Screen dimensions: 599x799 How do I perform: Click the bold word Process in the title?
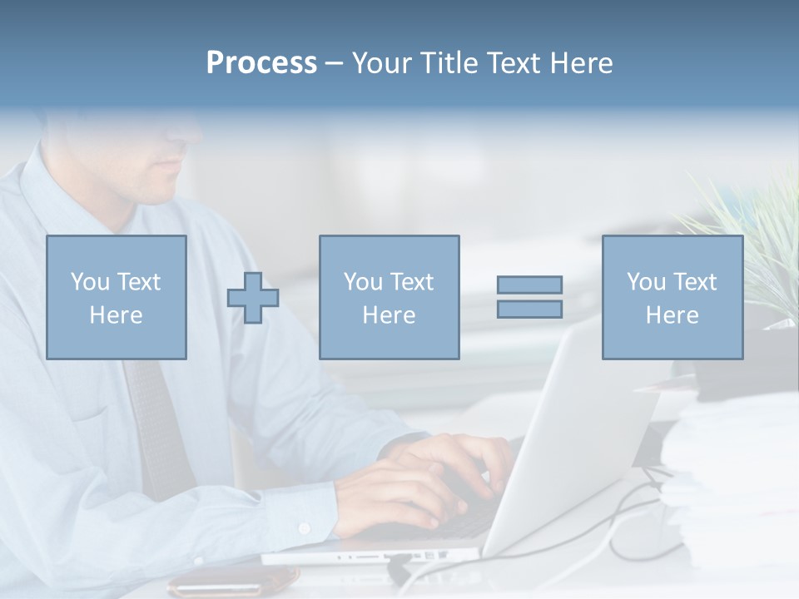click(x=261, y=63)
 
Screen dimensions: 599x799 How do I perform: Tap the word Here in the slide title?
click(x=580, y=63)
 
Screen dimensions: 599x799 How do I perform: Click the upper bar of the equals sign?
click(x=529, y=285)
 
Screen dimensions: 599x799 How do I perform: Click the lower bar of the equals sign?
click(x=529, y=309)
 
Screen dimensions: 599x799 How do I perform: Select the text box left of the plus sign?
click(x=116, y=298)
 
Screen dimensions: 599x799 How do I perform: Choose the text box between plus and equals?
click(x=389, y=298)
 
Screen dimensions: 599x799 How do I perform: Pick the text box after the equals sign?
click(x=672, y=298)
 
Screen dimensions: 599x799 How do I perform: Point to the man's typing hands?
click(x=433, y=483)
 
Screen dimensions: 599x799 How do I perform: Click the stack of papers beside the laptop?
click(x=732, y=483)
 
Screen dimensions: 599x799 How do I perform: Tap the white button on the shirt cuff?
click(x=305, y=527)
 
